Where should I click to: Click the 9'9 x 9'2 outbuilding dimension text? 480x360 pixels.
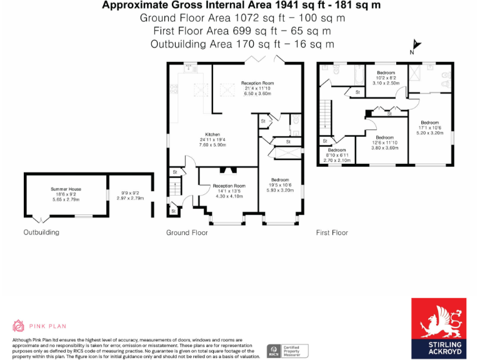pyautogui.click(x=130, y=194)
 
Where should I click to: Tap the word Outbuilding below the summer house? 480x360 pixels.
pyautogui.click(x=41, y=232)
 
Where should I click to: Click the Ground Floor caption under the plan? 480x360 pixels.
pyautogui.click(x=187, y=232)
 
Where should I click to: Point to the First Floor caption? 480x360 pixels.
pyautogui.click(x=332, y=232)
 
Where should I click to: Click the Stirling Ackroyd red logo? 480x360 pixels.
pyautogui.click(x=436, y=329)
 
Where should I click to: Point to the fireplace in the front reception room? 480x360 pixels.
pyautogui.click(x=228, y=169)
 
